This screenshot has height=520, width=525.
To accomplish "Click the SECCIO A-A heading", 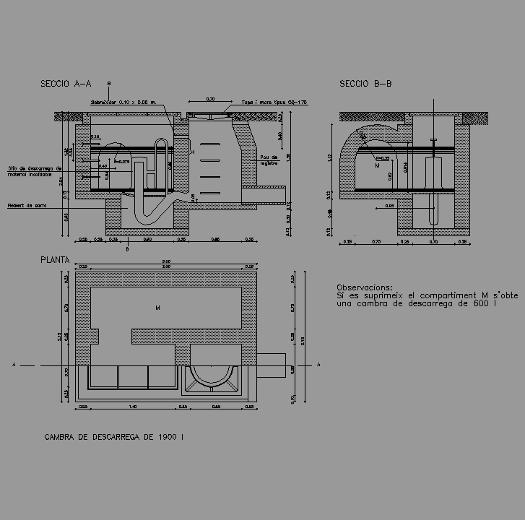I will [x=66, y=84].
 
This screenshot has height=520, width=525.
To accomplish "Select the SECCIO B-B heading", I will [x=365, y=84].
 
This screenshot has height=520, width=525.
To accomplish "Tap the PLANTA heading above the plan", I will [x=55, y=259].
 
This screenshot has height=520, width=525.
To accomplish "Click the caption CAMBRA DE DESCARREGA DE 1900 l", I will [x=114, y=437].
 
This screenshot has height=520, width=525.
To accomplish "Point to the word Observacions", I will [x=365, y=287].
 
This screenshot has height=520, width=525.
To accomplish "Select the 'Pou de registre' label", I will [x=268, y=159].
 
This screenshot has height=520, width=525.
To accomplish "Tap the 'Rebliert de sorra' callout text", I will [x=26, y=205].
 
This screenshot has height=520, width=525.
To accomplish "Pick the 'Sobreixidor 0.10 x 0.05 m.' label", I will [x=123, y=103].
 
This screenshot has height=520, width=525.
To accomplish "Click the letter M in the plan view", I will [x=157, y=308].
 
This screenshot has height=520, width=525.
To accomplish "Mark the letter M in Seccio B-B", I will [x=377, y=165].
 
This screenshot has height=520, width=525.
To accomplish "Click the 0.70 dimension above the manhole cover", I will [x=210, y=99].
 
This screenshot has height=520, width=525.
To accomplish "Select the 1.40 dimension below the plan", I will [x=133, y=407].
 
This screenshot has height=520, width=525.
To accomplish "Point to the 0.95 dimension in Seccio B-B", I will [x=389, y=206].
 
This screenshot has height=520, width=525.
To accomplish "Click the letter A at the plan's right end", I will [x=318, y=365].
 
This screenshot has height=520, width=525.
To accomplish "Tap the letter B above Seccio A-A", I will [x=108, y=83].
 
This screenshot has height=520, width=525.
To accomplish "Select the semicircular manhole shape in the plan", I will [x=212, y=373].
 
